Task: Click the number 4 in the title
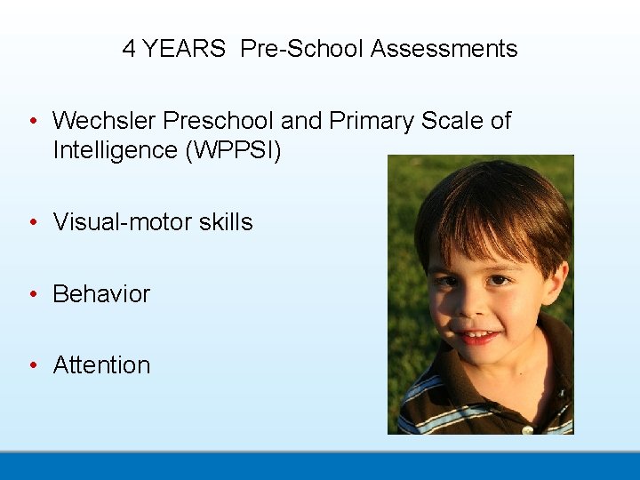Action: [x=130, y=49]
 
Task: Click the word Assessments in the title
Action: [x=444, y=49]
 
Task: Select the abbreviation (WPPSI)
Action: [x=233, y=151]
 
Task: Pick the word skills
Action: [x=226, y=222]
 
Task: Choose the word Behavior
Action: [x=101, y=294]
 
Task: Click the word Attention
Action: [x=101, y=365]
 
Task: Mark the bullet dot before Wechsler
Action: [x=32, y=122]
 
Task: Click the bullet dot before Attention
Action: [x=32, y=365]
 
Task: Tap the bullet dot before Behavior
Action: [x=32, y=294]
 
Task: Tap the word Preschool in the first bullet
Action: [x=221, y=121]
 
